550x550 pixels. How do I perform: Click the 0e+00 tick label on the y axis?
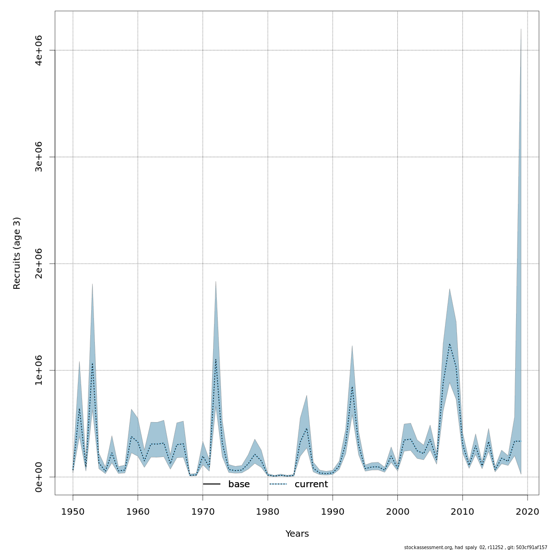39,477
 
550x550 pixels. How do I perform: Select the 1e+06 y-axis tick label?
39,370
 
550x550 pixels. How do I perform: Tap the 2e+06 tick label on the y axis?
39,264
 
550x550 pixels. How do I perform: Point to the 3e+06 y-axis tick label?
39,157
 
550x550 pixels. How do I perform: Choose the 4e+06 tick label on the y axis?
39,50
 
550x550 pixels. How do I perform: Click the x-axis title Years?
297,534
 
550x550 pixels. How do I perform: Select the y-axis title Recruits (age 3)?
17,253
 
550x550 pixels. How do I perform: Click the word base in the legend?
239,484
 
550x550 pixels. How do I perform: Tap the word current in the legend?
311,484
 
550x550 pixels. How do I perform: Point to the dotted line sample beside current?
278,484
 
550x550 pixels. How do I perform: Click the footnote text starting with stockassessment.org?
476,547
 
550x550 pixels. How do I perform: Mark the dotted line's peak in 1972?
216,359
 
